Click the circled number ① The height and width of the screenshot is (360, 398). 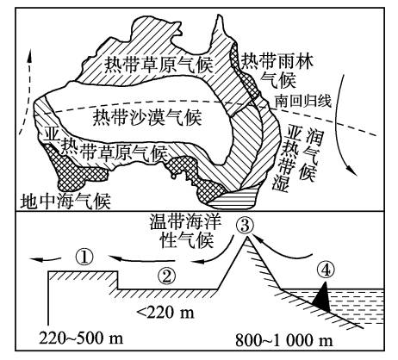click(x=84, y=255)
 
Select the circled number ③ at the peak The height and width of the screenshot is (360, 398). click(x=246, y=227)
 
